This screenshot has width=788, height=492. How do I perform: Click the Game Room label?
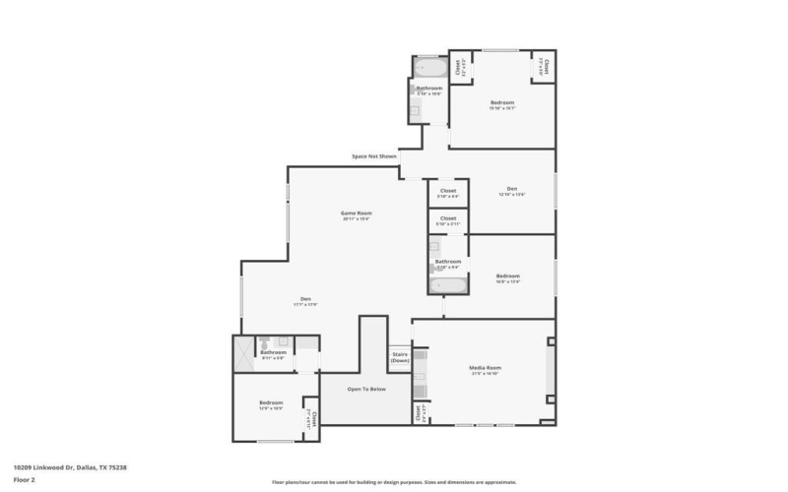pyautogui.click(x=356, y=214)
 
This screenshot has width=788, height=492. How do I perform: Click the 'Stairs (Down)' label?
pyautogui.click(x=400, y=357)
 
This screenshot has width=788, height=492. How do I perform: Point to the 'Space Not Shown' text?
pyautogui.click(x=374, y=156)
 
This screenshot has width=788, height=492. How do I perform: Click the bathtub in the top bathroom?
pyautogui.click(x=428, y=69)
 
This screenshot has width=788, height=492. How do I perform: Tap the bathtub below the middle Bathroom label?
pyautogui.click(x=448, y=285)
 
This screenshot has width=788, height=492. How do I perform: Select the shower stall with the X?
pyautogui.click(x=243, y=353)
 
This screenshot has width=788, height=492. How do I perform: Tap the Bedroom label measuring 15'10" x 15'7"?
pyautogui.click(x=502, y=102)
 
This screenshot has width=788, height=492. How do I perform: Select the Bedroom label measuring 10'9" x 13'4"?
pyautogui.click(x=507, y=277)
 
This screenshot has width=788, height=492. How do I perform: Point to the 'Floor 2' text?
pyautogui.click(x=24, y=479)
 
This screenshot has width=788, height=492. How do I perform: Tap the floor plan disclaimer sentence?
pyautogui.click(x=394, y=482)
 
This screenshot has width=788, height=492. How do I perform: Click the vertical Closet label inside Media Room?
pyautogui.click(x=418, y=412)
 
